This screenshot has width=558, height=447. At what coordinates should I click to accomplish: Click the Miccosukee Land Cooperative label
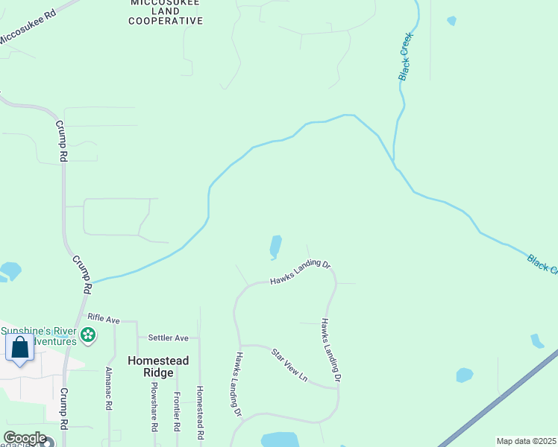click(165, 12)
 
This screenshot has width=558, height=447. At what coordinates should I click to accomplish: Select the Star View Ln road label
click(289, 364)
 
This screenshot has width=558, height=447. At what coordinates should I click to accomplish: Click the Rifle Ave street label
click(103, 318)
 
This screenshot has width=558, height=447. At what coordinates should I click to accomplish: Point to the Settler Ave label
click(168, 337)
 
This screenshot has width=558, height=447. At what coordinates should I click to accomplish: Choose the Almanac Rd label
click(109, 390)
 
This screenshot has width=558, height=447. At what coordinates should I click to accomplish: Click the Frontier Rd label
click(176, 412)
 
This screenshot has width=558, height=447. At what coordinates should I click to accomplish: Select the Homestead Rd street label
click(199, 411)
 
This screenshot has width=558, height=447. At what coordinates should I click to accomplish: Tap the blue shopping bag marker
click(19, 348)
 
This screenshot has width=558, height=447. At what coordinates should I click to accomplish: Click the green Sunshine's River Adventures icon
click(88, 335)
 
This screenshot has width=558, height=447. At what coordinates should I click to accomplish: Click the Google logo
click(25, 438)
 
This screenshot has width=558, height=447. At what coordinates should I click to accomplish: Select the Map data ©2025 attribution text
click(525, 441)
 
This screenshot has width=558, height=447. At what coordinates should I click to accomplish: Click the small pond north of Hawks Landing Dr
click(275, 247)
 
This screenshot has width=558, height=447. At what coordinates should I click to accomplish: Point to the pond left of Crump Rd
click(10, 270)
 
